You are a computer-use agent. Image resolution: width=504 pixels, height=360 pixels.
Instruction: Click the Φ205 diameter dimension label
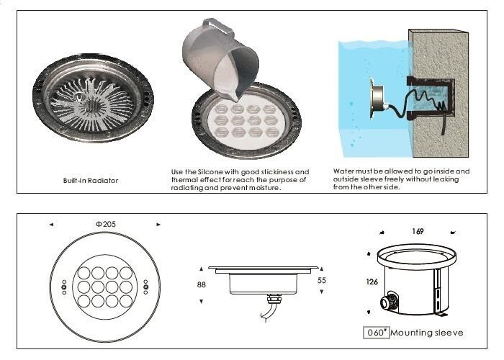click(106, 224)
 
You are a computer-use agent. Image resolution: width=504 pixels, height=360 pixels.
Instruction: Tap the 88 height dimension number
click(201, 284)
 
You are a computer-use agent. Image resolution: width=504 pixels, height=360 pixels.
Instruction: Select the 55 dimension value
click(321, 280)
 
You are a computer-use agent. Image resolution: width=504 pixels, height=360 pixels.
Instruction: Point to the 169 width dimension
click(418, 231)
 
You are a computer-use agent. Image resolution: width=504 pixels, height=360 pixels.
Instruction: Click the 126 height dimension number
click(372, 282)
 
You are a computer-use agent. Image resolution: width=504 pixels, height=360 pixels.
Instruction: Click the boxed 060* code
click(376, 333)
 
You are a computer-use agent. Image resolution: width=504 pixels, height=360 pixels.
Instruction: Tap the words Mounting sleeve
click(427, 333)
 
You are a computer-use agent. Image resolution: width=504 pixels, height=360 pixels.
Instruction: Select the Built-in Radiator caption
click(91, 180)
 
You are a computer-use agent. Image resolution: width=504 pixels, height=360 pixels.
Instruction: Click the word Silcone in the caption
click(210, 172)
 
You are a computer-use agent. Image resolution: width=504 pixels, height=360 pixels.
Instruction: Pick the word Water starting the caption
click(343, 171)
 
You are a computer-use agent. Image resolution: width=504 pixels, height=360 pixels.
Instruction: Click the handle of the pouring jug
click(219, 27)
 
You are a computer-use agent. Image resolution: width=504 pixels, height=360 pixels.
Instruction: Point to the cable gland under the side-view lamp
click(274, 300)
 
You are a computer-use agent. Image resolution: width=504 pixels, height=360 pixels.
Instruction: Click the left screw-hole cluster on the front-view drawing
click(64, 287)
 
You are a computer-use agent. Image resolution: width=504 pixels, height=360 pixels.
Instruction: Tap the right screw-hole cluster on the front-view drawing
click(145, 287)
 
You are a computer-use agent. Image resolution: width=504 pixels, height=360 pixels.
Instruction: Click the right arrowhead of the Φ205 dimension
click(158, 225)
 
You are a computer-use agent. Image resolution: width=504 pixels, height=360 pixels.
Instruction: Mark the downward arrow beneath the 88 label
click(201, 302)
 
